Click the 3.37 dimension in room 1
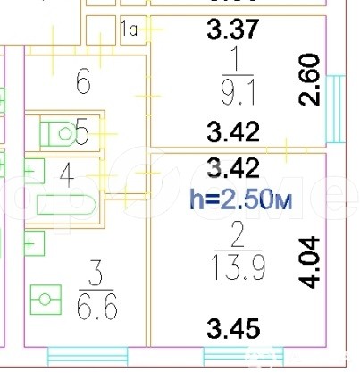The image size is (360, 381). (233, 29)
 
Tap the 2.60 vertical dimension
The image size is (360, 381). (309, 80)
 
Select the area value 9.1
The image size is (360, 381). (238, 94)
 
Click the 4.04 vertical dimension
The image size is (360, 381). (309, 263)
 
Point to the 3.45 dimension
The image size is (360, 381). (233, 328)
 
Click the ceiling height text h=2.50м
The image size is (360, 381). (241, 199)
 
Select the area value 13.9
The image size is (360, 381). (239, 268)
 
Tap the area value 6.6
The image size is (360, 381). (97, 308)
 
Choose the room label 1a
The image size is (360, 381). (129, 29)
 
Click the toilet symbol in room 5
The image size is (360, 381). (58, 133)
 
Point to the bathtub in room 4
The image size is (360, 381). (66, 205)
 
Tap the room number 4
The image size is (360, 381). (67, 176)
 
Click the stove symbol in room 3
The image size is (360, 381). (46, 300)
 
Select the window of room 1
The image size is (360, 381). (336, 109)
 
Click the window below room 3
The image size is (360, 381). (88, 356)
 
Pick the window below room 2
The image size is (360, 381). (244, 356)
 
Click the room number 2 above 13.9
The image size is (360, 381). (238, 234)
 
